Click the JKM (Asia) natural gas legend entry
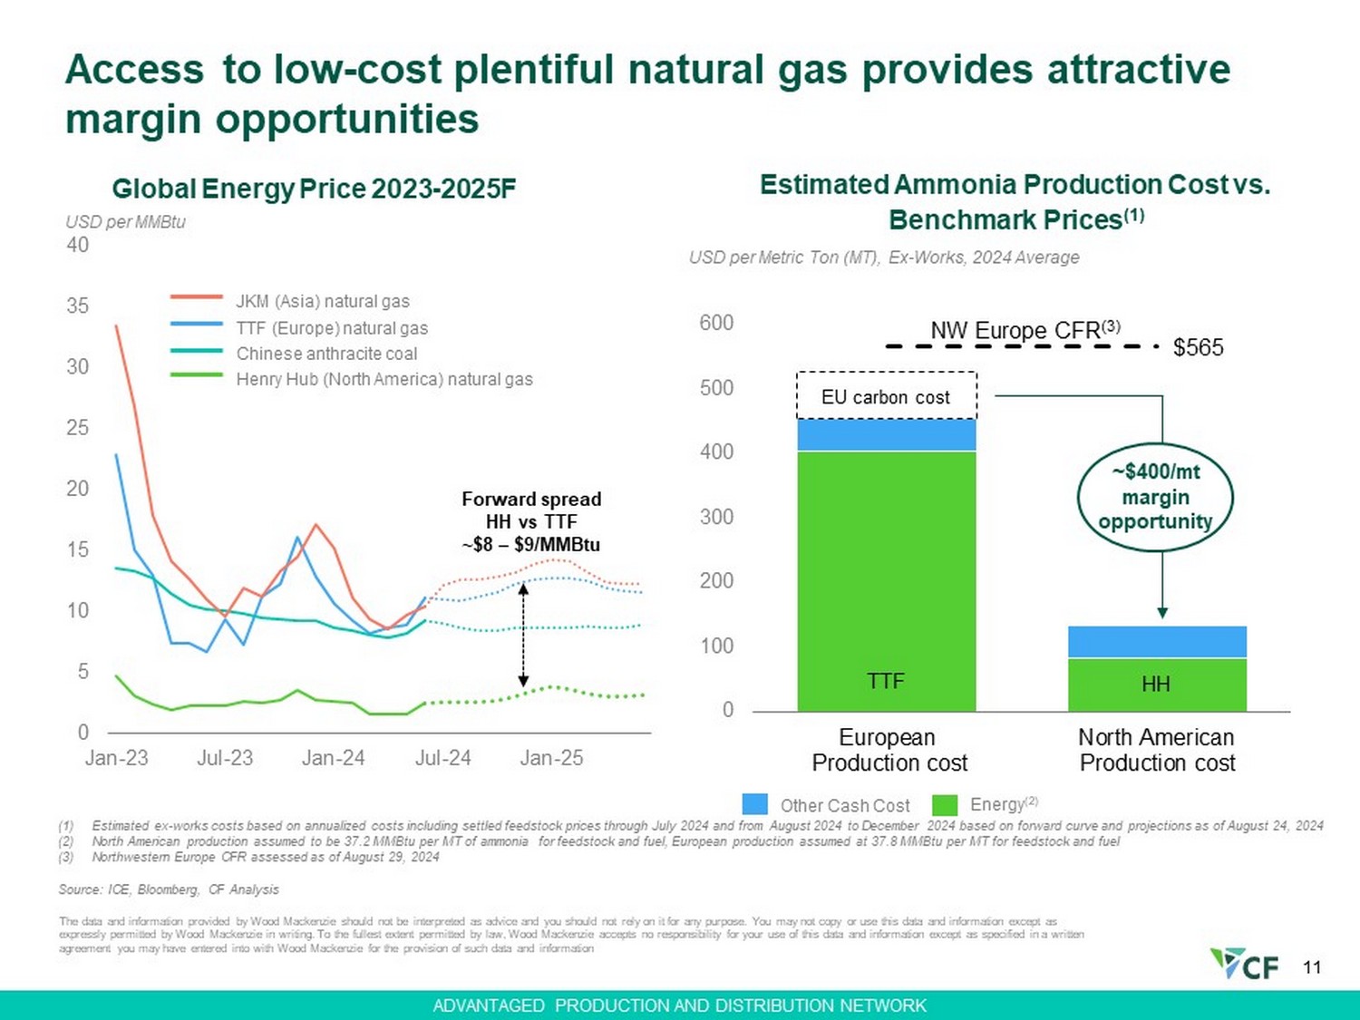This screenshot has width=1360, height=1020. pyautogui.click(x=322, y=301)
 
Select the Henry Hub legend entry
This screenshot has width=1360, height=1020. pyautogui.click(x=384, y=379)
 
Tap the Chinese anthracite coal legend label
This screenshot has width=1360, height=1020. pyautogui.click(x=326, y=354)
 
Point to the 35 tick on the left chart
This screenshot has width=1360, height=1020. pyautogui.click(x=78, y=306)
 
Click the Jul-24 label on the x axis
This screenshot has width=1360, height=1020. pyautogui.click(x=442, y=758)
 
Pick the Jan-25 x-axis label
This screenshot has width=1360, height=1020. pyautogui.click(x=551, y=758)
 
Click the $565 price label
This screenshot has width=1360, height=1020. pyautogui.click(x=1198, y=347)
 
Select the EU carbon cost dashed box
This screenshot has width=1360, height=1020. pyautogui.click(x=886, y=396)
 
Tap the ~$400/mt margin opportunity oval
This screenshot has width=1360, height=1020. pyautogui.click(x=1155, y=497)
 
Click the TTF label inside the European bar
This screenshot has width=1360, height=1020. pyautogui.click(x=886, y=681)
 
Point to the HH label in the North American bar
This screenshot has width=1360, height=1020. pyautogui.click(x=1156, y=685)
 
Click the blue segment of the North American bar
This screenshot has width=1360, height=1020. pyautogui.click(x=1157, y=642)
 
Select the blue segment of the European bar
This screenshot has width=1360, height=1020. pyautogui.click(x=886, y=435)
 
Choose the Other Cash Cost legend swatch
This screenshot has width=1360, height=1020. pyautogui.click(x=754, y=804)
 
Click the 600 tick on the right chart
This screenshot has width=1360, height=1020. pyautogui.click(x=716, y=323)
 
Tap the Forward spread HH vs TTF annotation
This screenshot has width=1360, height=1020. pyautogui.click(x=531, y=521)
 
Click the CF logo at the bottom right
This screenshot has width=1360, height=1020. pyautogui.click(x=1246, y=964)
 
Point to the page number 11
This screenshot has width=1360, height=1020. pyautogui.click(x=1312, y=967)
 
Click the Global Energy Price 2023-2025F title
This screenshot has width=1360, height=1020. pyautogui.click(x=314, y=189)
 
